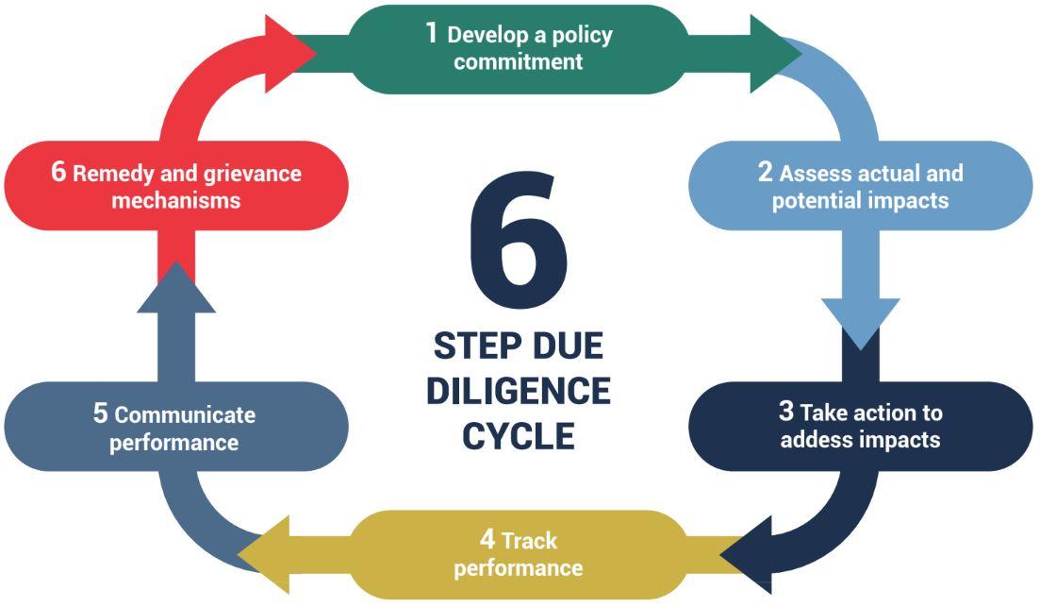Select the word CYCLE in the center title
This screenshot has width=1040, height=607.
(519, 436)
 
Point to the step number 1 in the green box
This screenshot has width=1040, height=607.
(432, 33)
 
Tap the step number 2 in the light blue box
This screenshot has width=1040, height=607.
(766, 172)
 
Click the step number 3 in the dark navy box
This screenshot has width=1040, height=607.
(786, 412)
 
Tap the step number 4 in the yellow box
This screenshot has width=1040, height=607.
(487, 539)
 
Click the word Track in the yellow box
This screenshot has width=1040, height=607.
(530, 541)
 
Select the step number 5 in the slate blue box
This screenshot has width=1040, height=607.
(101, 413)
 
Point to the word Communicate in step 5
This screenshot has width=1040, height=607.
(185, 415)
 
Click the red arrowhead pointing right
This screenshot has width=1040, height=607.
(288, 53)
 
